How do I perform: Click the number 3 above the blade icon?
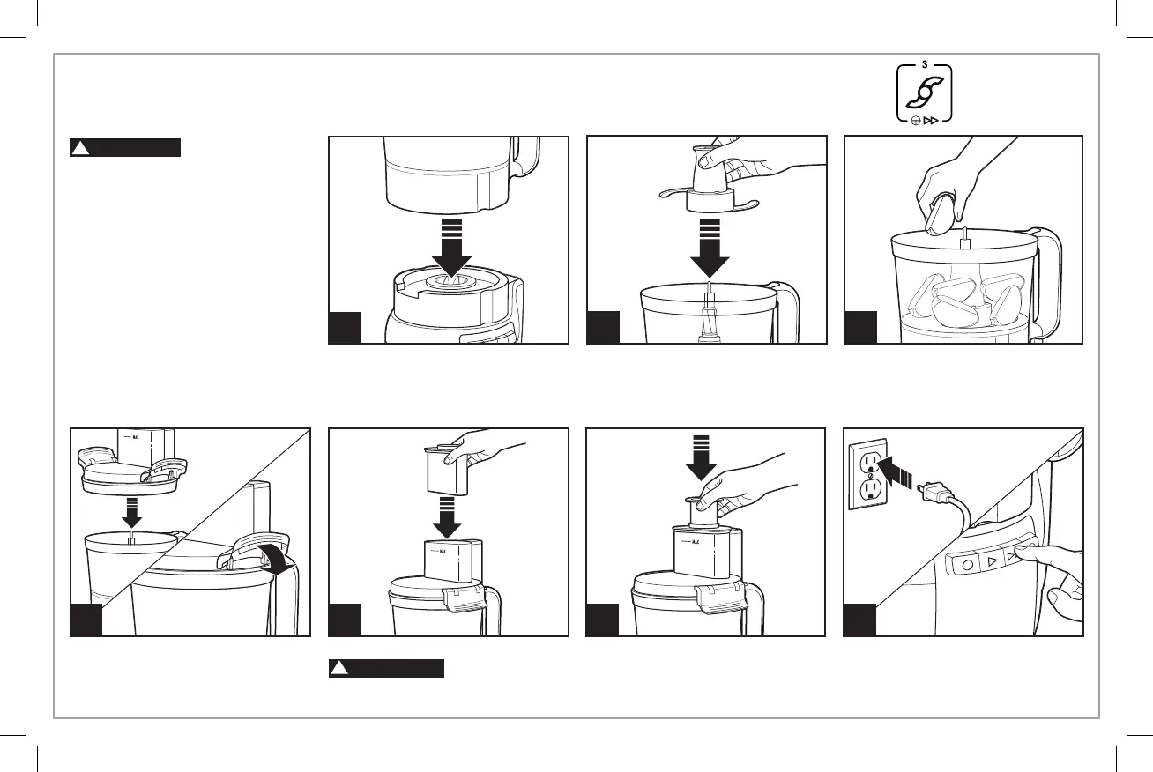tap(925, 64)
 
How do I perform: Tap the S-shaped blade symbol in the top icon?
tap(925, 93)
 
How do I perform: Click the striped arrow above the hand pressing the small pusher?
tap(702, 459)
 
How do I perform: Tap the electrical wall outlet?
tap(869, 476)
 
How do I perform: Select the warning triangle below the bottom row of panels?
tap(338, 669)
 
